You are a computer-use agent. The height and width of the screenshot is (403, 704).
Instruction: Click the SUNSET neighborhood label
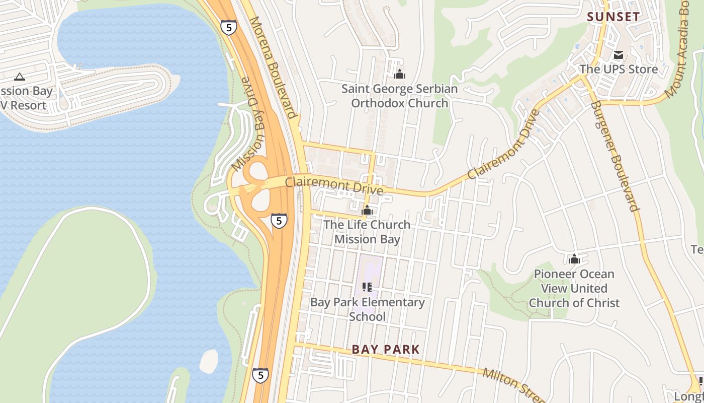pyautogui.click(x=613, y=17)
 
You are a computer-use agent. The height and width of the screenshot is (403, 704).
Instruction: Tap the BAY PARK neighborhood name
pyautogui.click(x=386, y=349)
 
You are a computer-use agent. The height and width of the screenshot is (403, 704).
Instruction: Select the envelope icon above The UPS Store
pyautogui.click(x=618, y=55)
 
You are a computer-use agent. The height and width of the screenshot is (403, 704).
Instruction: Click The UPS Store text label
pyautogui.click(x=619, y=69)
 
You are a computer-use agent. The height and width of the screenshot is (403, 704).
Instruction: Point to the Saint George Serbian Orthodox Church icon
pyautogui.click(x=400, y=75)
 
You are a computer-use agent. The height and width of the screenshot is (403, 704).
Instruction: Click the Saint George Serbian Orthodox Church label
pyautogui.click(x=400, y=96)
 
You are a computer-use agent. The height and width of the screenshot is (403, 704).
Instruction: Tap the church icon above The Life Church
pyautogui.click(x=367, y=210)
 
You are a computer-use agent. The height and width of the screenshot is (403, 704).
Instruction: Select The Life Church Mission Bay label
pyautogui.click(x=367, y=232)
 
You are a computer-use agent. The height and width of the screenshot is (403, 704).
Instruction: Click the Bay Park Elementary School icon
pyautogui.click(x=367, y=287)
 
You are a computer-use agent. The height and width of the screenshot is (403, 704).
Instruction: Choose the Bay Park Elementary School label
pyautogui.click(x=368, y=309)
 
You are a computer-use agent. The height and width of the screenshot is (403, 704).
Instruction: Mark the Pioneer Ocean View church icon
pyautogui.click(x=574, y=259)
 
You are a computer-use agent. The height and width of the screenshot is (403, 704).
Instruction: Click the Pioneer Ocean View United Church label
pyautogui.click(x=574, y=288)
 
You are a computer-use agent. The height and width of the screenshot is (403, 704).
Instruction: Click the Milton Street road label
pyautogui.click(x=513, y=386)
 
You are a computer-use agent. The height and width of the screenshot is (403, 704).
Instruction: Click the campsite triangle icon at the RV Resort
pyautogui.click(x=20, y=77)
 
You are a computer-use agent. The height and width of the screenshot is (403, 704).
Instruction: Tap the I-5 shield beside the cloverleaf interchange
pyautogui.click(x=279, y=220)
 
